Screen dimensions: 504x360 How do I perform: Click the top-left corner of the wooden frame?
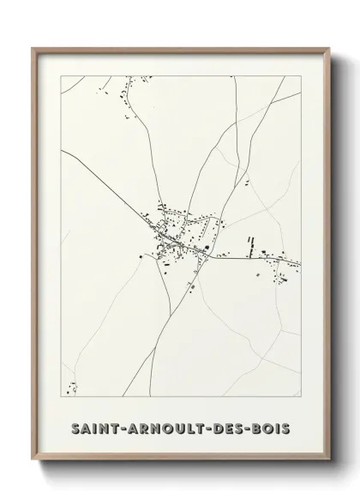[33, 49]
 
